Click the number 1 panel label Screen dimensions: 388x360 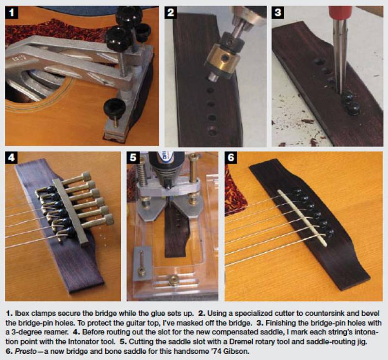pos(12,13)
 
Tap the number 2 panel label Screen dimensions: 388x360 pos(171,13)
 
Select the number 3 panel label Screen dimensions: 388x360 pos(278,13)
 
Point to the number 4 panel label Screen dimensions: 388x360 pos(11,158)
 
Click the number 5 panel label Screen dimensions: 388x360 pos(133,158)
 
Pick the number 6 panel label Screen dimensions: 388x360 pos(231,158)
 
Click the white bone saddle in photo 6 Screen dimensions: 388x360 pos(302,218)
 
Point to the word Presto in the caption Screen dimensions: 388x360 pos(26,351)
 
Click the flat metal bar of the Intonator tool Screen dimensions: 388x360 pos(70,211)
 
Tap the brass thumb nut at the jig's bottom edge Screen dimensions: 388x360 pos(173,280)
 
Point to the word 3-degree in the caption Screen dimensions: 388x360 pos(26,332)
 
